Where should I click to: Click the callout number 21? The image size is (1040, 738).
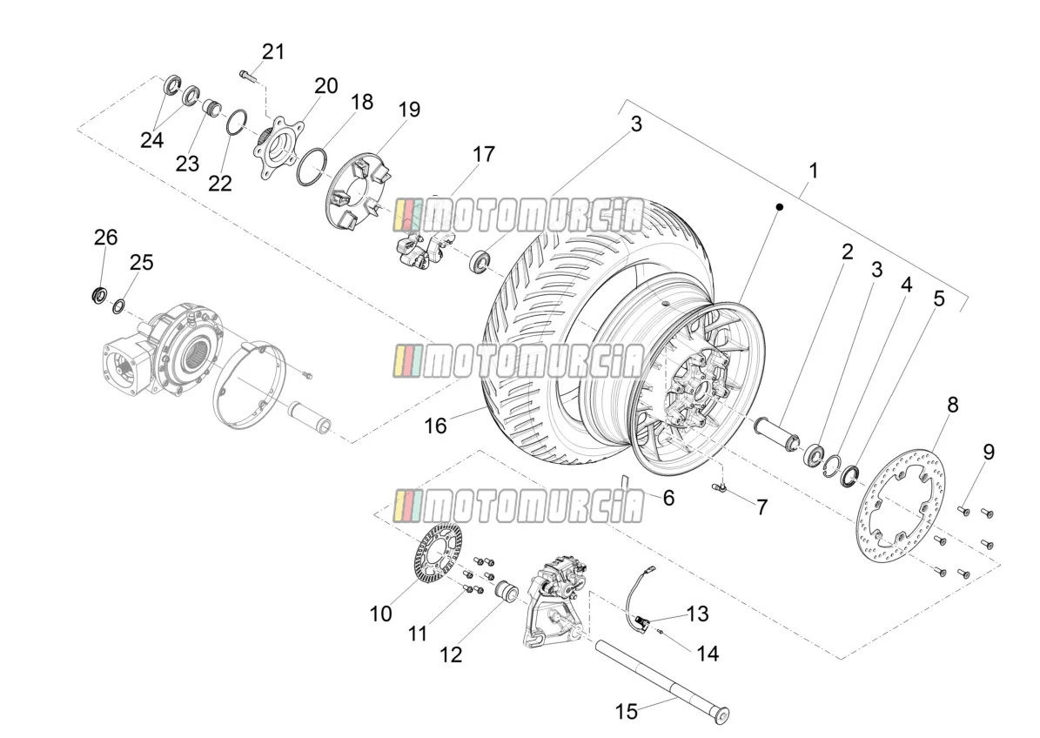tap(272, 51)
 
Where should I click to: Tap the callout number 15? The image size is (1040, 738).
tap(626, 712)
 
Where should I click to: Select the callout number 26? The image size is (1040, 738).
tap(105, 238)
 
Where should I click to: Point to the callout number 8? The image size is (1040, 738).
tap(952, 405)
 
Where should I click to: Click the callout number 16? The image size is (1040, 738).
tap(435, 426)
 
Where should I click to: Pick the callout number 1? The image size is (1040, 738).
tap(813, 171)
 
